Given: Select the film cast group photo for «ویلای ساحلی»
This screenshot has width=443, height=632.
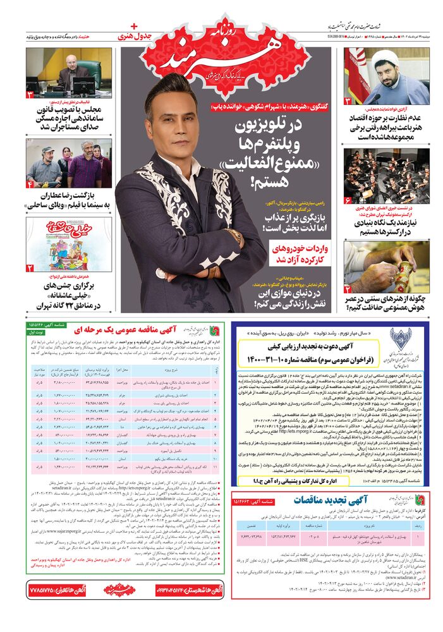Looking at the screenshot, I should (68, 164).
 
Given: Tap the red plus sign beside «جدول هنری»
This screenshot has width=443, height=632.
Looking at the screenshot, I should (133, 26).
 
